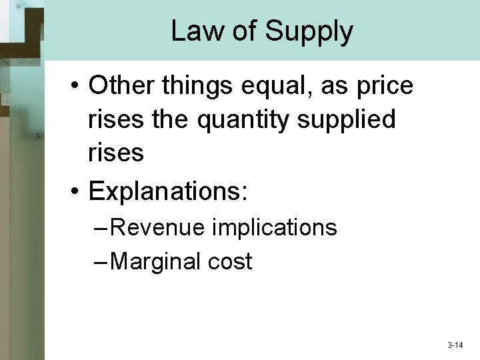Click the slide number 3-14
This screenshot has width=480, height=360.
455,345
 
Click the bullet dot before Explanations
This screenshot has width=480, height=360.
77,191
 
